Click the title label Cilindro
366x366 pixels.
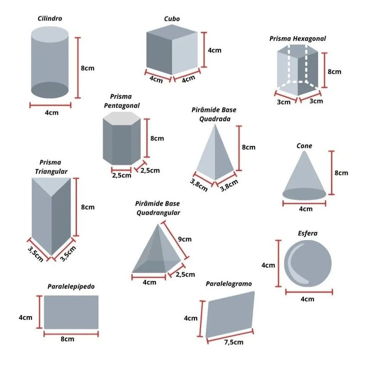pos(50,19)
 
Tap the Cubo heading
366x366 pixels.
pos(172,19)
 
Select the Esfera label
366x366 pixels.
pos(307,233)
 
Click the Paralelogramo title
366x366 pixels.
pos(229,284)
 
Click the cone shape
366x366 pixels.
pos(304,178)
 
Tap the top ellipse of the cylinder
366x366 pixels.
pos(50,35)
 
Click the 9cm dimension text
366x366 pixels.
pos(185,239)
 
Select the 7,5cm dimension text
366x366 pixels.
pos(231,342)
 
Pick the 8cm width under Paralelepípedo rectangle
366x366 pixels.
pos(67,339)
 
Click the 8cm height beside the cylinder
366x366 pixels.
pos(88,68)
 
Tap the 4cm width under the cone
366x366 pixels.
pos(306,209)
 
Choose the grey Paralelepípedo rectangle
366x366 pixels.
pos(71,312)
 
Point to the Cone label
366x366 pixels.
pos(304,146)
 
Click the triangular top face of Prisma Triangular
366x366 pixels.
pos(51,185)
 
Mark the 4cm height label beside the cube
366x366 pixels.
pos(215,50)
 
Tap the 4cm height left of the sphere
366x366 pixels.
pos(268,265)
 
